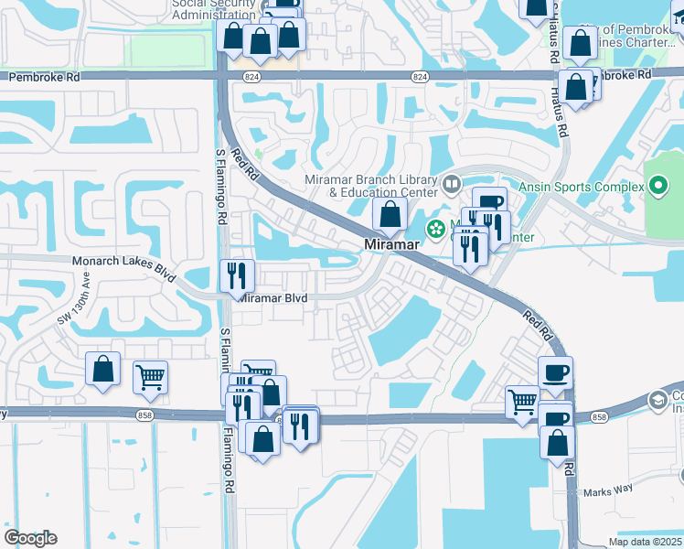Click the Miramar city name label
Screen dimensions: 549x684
(x=391, y=245)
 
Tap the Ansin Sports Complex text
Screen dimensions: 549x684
(x=582, y=187)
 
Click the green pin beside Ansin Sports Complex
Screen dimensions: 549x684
(x=658, y=188)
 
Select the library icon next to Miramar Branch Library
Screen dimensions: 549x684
(x=451, y=186)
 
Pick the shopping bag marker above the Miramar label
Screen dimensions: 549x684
(x=390, y=216)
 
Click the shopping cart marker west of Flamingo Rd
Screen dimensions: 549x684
(x=150, y=376)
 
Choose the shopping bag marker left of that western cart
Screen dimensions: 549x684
(x=102, y=370)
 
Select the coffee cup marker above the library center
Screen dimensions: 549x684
(x=489, y=201)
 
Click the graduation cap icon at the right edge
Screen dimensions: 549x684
(x=657, y=401)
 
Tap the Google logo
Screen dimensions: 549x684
(x=30, y=538)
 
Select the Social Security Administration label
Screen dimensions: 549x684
(x=213, y=8)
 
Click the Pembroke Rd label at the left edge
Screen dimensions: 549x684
(x=44, y=78)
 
